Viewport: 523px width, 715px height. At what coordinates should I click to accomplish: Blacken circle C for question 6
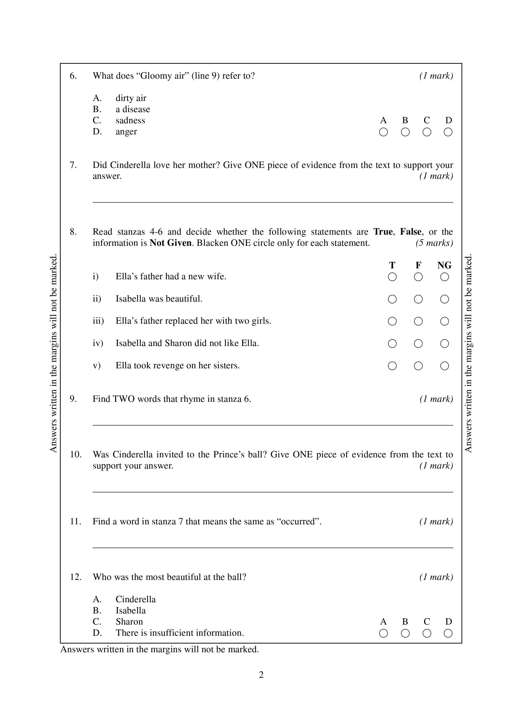tap(427, 132)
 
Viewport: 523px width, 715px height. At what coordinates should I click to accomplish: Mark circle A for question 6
tap(383, 132)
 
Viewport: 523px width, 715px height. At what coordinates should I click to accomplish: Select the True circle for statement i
tap(392, 277)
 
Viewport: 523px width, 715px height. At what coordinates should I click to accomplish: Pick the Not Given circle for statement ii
tap(444, 299)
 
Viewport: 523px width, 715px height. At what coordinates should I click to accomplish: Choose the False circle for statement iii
tap(418, 321)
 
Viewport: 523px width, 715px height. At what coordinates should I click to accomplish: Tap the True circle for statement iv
tap(392, 344)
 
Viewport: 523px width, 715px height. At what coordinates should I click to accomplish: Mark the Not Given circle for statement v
tap(444, 366)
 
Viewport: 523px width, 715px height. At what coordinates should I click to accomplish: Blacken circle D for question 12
tap(448, 633)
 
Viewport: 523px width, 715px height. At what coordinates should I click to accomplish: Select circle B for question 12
tap(405, 633)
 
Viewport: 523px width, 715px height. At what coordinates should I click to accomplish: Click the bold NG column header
tap(444, 265)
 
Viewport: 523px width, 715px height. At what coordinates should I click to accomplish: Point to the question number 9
tap(73, 399)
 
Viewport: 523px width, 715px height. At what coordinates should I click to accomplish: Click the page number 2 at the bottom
tap(261, 675)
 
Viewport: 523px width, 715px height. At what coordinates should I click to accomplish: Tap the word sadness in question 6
tap(130, 121)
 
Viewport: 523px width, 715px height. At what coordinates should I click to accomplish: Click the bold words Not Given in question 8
tap(171, 243)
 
